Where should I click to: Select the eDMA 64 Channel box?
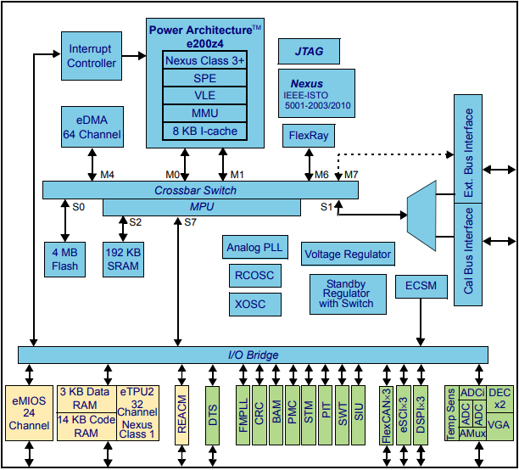pyautogui.click(x=92, y=128)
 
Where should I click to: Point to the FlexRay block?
pyautogui.click(x=307, y=135)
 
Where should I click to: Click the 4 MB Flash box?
pyautogui.click(x=64, y=260)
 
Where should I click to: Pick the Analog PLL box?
pyautogui.click(x=254, y=249)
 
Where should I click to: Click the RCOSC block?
pyautogui.click(x=254, y=277)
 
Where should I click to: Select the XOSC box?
pyautogui.click(x=254, y=305)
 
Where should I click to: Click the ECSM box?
pyautogui.click(x=421, y=286)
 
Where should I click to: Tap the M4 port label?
pyautogui.click(x=108, y=175)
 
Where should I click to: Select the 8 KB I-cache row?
pyautogui.click(x=204, y=131)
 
